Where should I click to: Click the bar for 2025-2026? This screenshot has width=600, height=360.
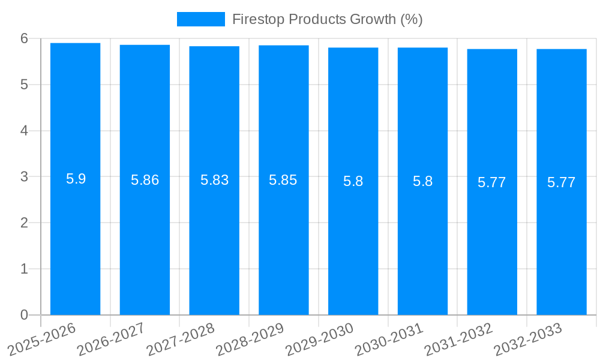(75, 240)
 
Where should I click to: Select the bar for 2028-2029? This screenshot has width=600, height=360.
(284, 240)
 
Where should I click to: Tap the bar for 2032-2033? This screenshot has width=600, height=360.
(562, 240)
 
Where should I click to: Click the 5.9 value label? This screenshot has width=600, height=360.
(76, 179)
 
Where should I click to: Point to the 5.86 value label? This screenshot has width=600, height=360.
(145, 180)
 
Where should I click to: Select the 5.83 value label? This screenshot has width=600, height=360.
(214, 180)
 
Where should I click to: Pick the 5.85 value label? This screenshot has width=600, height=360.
(283, 180)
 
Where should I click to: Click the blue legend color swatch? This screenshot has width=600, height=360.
(200, 19)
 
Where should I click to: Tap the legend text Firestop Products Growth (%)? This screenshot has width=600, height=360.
(327, 19)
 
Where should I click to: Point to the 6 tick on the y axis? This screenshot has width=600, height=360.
(25, 38)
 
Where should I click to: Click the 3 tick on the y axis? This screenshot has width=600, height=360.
(25, 177)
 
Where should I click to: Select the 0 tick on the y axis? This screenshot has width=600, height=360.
(25, 315)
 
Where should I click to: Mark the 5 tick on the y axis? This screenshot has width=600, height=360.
(25, 85)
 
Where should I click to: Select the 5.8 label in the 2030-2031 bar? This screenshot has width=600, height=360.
(422, 181)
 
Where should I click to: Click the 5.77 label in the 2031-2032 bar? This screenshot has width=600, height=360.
(492, 182)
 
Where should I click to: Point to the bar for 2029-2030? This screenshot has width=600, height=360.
(353, 240)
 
